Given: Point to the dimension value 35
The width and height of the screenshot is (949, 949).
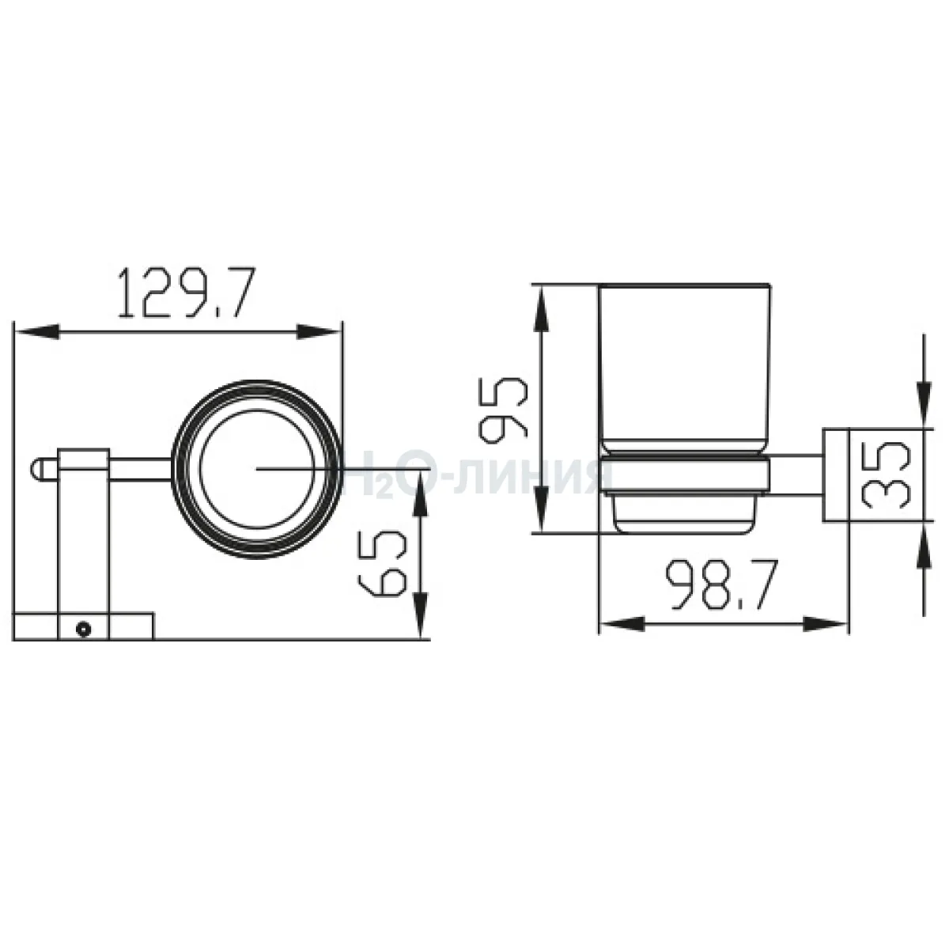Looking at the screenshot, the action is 885,474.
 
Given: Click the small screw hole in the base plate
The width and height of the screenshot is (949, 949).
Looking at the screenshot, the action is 84,629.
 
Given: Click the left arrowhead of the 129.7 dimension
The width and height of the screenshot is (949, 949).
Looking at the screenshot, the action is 37,331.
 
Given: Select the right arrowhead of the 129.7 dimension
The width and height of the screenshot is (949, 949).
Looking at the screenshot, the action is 319,331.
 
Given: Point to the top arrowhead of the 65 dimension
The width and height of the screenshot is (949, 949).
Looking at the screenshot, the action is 419,493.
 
